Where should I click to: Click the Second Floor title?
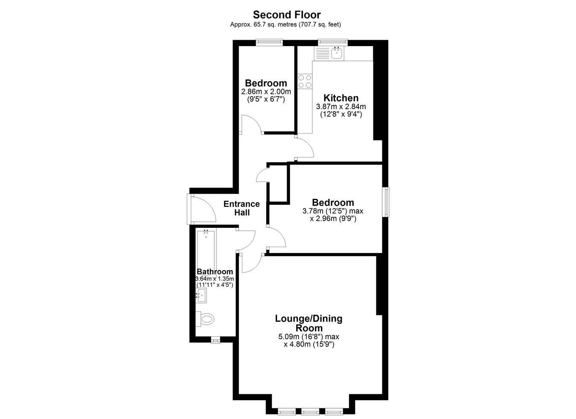coord(287,15)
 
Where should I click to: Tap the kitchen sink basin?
coord(337,53)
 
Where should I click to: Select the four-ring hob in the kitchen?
coord(305,81)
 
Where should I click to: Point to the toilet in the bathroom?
coord(205,319)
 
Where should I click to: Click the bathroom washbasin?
coord(201,296)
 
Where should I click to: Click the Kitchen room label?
coord(341,98)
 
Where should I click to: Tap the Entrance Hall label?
coord(242,208)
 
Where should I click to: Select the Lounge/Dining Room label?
coord(309,323)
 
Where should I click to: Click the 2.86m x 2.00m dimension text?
coord(266,92)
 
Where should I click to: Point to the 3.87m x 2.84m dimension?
coord(341,107)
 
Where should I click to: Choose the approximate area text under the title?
coord(285,25)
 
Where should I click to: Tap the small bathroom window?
coord(215,340)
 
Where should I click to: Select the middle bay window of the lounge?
coord(310,412)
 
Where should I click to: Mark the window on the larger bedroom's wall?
coord(386,202)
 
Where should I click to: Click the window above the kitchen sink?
coord(333,42)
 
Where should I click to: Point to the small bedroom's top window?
coord(270,42)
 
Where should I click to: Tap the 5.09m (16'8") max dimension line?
coord(309,336)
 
